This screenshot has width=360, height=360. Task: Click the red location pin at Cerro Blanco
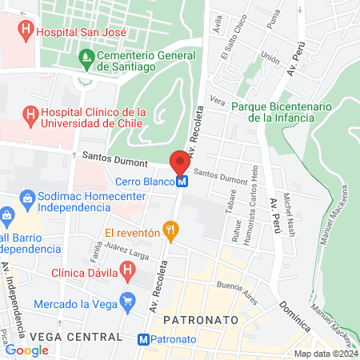coord(180,162)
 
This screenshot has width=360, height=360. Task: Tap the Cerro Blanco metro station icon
coord(183,182)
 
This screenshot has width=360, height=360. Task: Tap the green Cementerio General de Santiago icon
coord(86,57)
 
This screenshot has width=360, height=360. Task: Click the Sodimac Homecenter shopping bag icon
coord(26,197)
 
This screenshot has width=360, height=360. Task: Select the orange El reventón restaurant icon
coord(169,232)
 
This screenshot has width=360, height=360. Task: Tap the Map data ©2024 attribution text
coord(325,354)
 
